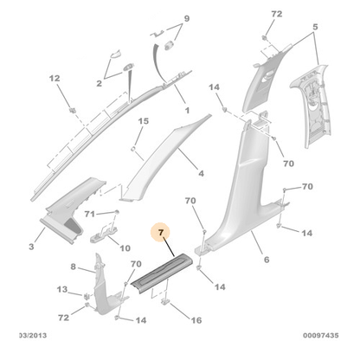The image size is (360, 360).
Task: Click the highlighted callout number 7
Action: (x=159, y=233)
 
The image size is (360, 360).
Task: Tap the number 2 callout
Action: (x=100, y=84)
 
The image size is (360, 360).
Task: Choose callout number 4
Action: (x=201, y=173)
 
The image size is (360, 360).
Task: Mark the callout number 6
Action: (x=266, y=258)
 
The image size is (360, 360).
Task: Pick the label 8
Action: (x=73, y=267)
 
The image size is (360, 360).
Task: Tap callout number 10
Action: (x=125, y=247)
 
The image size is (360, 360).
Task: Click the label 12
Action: (x=54, y=79)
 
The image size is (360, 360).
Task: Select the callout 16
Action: (x=196, y=319)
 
